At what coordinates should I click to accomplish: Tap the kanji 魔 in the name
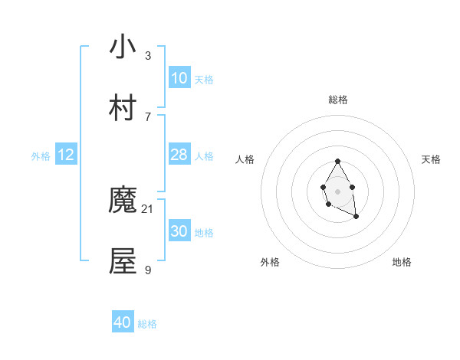[x=123, y=201]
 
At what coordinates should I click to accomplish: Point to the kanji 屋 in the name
[x=123, y=261]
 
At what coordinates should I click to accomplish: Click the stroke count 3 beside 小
[x=147, y=55]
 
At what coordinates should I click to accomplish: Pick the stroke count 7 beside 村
[x=147, y=116]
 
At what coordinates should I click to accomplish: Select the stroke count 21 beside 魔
[x=148, y=209]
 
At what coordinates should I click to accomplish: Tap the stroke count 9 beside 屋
[x=147, y=270]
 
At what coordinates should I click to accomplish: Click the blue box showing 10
[x=179, y=78]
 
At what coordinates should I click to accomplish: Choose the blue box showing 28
[x=179, y=155]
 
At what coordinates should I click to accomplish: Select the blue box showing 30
[x=179, y=231]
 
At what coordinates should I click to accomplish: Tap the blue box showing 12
[x=66, y=155]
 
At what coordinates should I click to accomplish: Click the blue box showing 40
[x=123, y=322]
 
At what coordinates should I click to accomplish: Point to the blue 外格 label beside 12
[x=41, y=156]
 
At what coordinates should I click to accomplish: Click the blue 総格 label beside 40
[x=147, y=324]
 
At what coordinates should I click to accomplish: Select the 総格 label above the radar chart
[x=337, y=100]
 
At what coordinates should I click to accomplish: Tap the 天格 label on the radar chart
[x=431, y=159]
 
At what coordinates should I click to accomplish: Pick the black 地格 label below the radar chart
[x=402, y=262]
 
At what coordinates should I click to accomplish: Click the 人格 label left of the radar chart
[x=245, y=159]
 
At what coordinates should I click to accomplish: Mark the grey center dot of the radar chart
[x=337, y=190]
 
